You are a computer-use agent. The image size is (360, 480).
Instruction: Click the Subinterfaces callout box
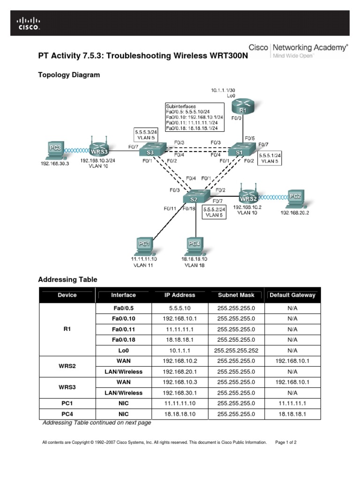[x=194, y=117]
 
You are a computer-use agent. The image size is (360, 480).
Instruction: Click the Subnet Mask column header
[x=236, y=295]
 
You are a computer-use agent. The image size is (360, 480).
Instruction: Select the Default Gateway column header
[x=292, y=295]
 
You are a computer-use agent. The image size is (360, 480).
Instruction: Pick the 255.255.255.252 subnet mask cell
[x=236, y=350]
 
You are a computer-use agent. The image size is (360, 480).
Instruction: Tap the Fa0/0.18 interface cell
[x=124, y=339]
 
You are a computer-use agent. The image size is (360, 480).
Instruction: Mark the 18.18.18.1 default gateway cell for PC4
[x=292, y=414]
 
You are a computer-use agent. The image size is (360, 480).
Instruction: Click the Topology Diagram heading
[x=69, y=75]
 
